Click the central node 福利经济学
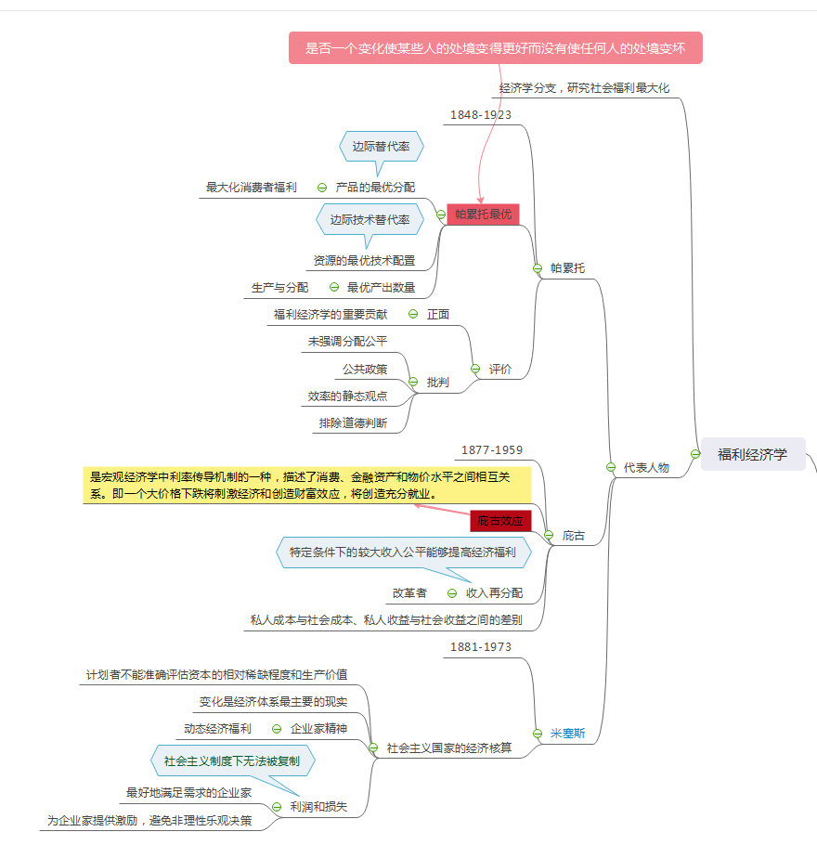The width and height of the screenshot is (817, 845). coord(752,454)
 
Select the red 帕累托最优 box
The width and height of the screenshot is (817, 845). coord(483,214)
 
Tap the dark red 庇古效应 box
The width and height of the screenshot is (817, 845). coord(500,520)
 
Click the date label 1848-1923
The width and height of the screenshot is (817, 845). coord(481,115)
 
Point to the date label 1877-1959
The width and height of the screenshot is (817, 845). coord(492,450)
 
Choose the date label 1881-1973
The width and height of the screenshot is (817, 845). coord(481,647)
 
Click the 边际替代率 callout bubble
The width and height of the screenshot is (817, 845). coord(381,146)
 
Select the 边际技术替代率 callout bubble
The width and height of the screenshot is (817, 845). coord(370,220)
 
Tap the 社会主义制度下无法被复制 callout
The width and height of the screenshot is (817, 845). coord(232,761)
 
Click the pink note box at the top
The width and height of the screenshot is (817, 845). coord(496,48)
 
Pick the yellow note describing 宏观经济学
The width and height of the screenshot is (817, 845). coord(306,485)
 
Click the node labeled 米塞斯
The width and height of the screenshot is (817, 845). coord(567,734)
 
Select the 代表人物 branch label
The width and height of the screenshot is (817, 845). coord(646,467)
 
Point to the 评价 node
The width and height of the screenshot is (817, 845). coord(500,369)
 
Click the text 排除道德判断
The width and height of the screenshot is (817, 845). coord(353,422)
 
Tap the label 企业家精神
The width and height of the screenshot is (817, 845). coord(318,729)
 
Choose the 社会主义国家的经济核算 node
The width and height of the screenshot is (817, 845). coord(449,747)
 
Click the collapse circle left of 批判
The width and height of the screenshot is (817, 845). coord(413,382)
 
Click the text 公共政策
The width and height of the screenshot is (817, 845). coord(365,369)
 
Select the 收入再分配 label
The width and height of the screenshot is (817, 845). coord(494,592)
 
